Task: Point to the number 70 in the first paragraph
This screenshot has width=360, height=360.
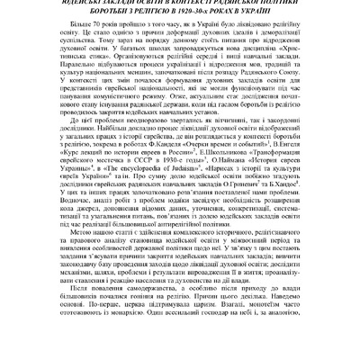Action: coord(93,30)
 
